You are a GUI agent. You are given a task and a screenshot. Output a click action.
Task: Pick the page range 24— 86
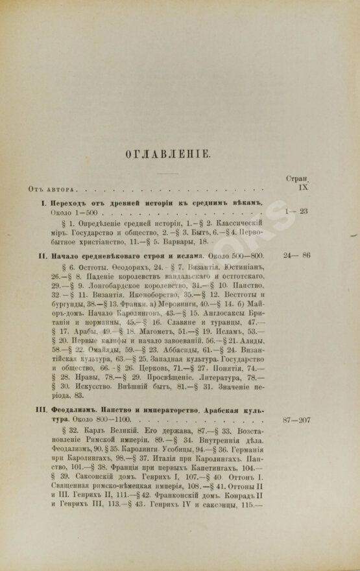coord(296,255)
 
